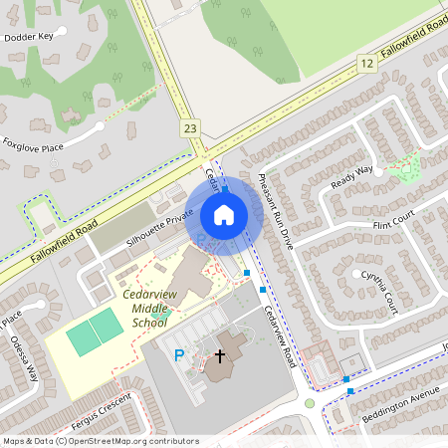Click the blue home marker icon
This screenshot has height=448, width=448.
coord(224,214)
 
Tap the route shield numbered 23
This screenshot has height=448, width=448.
coord(191,128)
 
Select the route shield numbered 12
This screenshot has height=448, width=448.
coord(367,64)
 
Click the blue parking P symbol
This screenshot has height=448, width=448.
coord(180,354)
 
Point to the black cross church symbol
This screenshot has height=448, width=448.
coord(220,354)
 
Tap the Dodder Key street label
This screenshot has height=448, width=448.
coord(28,37)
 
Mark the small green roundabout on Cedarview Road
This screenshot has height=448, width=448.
coord(310,403)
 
